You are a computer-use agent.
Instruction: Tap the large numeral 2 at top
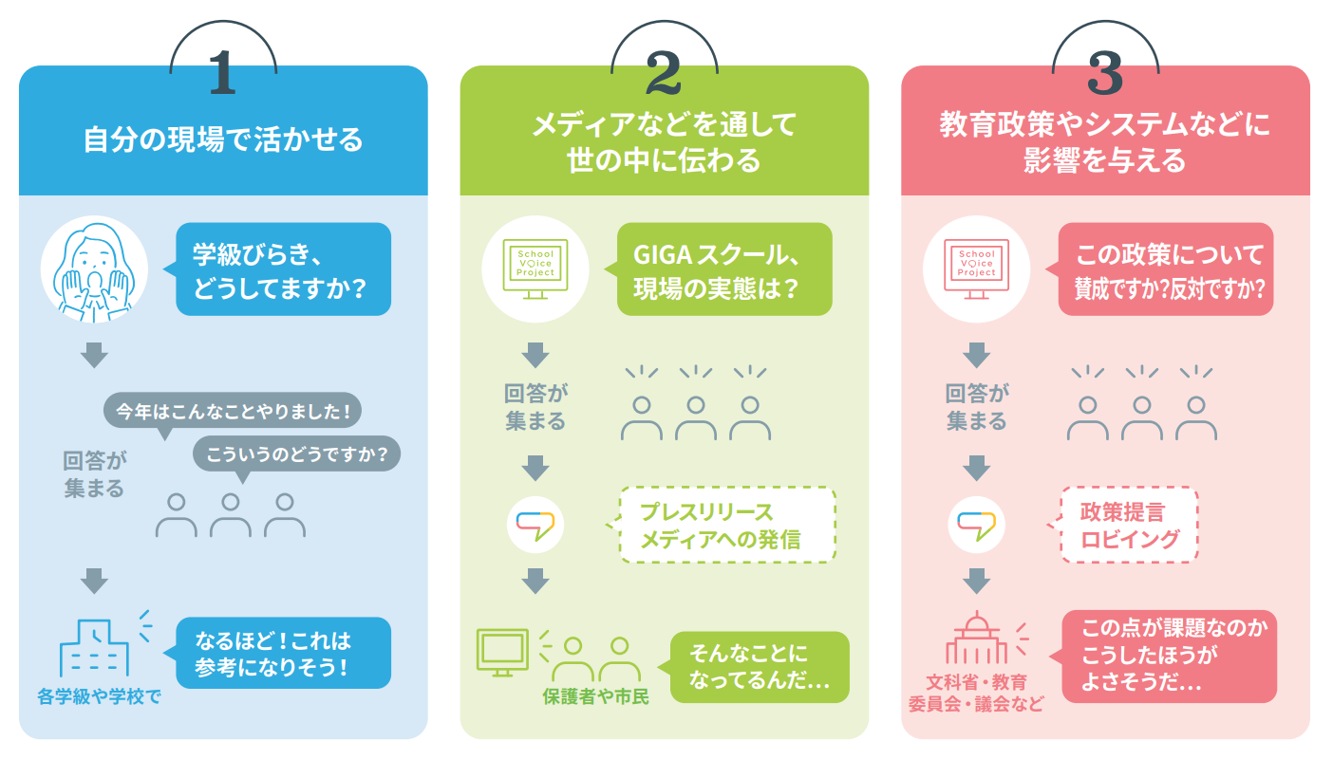click(664, 73)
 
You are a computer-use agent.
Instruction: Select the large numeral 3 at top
click(1105, 73)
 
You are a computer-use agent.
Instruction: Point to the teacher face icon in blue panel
click(94, 268)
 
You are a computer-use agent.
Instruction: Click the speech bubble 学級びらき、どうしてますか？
click(283, 268)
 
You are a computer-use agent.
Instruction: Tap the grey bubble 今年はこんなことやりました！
click(234, 412)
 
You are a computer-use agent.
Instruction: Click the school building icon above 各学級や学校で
click(95, 648)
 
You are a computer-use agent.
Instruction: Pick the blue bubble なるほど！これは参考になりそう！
click(283, 653)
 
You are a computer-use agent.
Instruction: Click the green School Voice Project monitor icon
click(535, 268)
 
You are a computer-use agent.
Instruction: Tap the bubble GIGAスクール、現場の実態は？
click(724, 268)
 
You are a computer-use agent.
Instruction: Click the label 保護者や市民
click(596, 697)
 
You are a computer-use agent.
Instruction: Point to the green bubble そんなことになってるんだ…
click(760, 667)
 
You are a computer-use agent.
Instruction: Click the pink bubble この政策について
click(1166, 268)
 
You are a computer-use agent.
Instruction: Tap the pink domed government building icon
click(977, 640)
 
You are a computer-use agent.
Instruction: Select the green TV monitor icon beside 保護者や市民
click(501, 651)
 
